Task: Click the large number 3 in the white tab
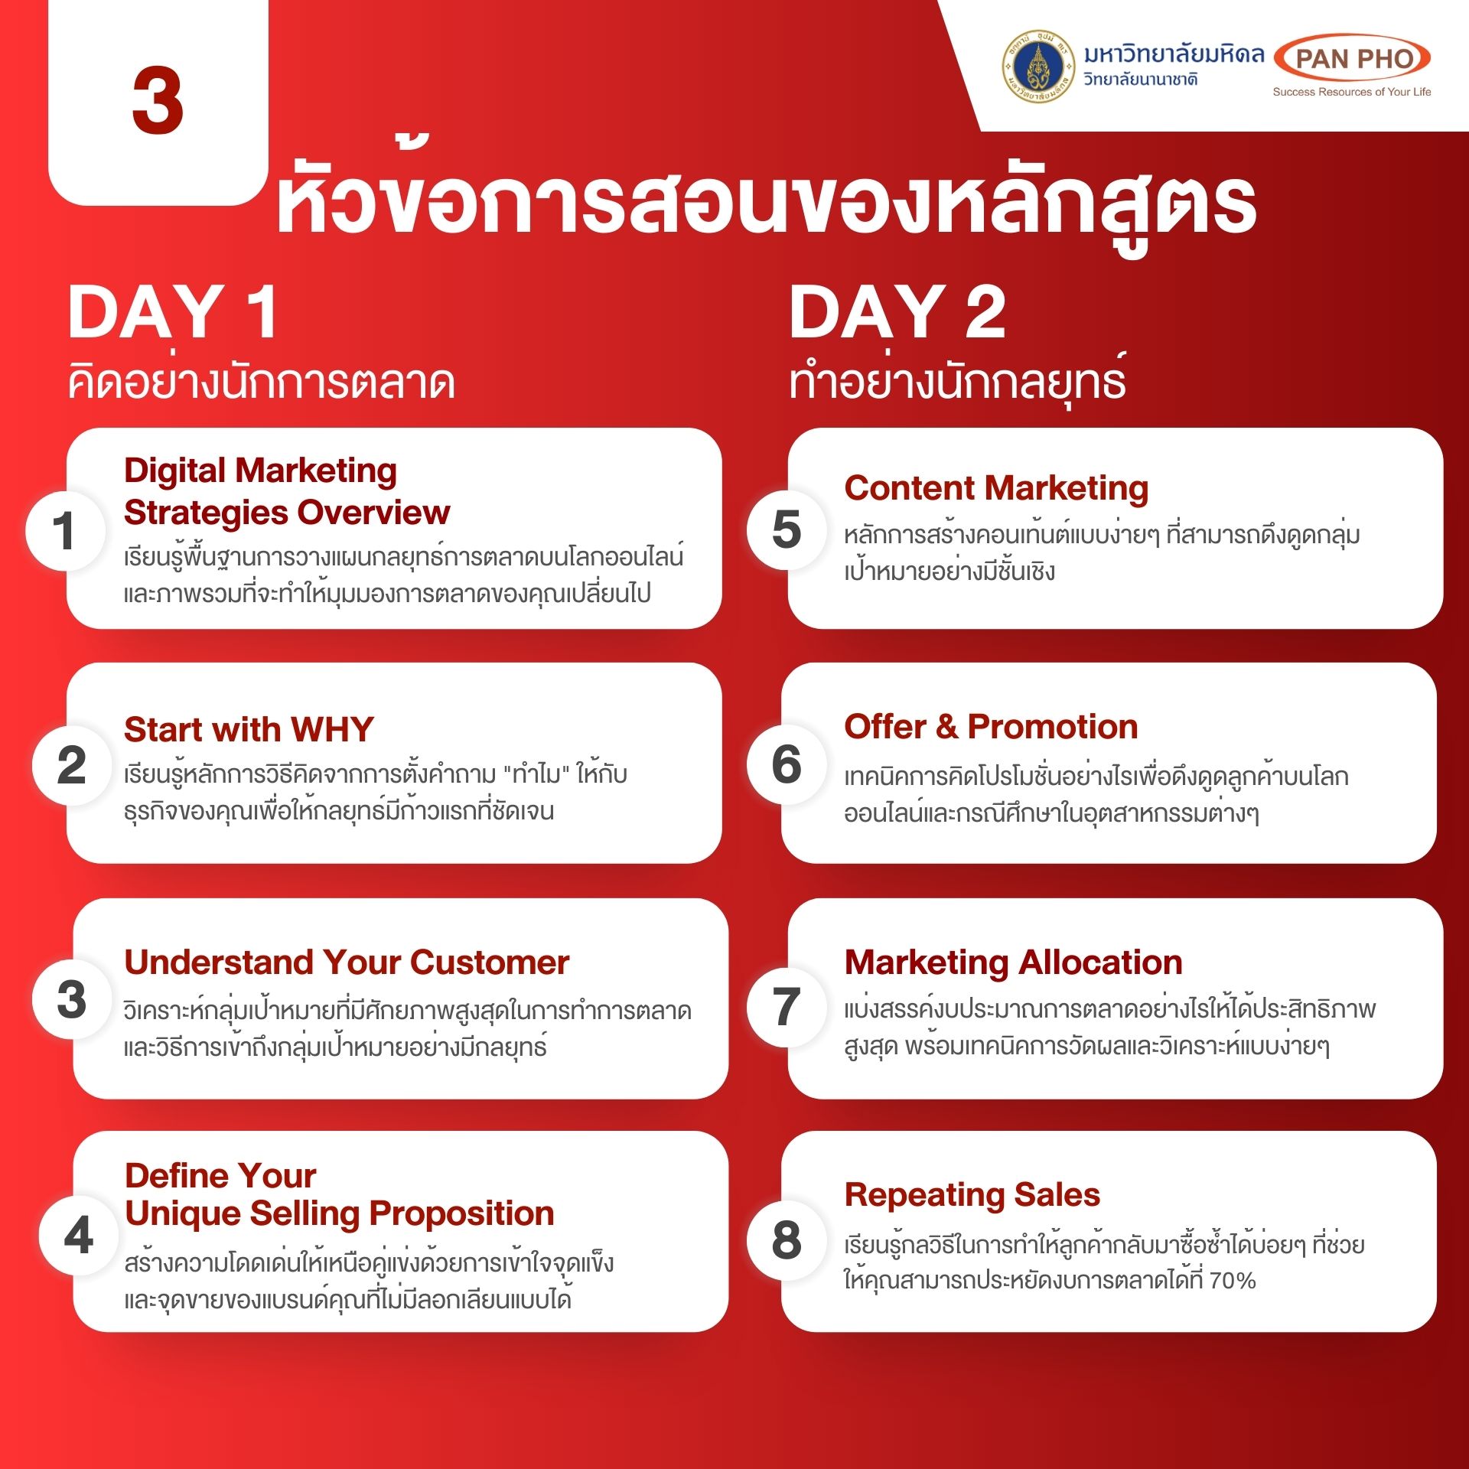[x=158, y=99]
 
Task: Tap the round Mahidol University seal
[x=1037, y=67]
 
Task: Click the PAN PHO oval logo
[x=1352, y=57]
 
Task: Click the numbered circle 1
[x=65, y=530]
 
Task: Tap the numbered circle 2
[x=72, y=764]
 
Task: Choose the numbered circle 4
[x=79, y=1235]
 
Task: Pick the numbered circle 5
[x=787, y=529]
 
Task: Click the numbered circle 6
[x=787, y=764]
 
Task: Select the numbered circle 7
[x=787, y=1007]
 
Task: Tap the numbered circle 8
[x=787, y=1239]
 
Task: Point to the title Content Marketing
[x=996, y=488]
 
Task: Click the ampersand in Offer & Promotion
[x=946, y=727]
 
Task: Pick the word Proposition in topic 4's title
[x=461, y=1214]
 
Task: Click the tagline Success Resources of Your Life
[x=1351, y=92]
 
